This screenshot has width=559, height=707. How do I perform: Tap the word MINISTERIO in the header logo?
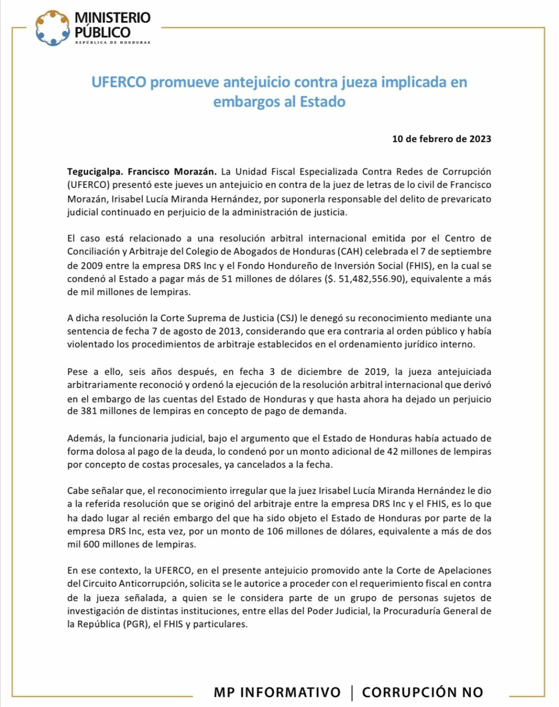point(112,18)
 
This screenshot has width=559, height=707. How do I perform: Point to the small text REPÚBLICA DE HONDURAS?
point(113,43)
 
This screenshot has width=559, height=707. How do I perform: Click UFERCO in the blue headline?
point(119,82)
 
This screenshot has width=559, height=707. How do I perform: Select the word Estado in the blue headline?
point(322,102)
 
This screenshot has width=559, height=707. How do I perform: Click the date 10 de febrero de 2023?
point(441,139)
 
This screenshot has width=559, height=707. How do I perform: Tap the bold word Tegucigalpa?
point(95,172)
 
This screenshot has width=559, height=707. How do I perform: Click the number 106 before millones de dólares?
point(275,532)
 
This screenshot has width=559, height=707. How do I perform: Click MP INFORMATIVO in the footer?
point(277,692)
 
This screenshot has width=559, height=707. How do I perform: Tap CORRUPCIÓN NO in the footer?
point(422,692)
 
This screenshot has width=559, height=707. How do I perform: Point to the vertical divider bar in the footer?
point(352,692)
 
